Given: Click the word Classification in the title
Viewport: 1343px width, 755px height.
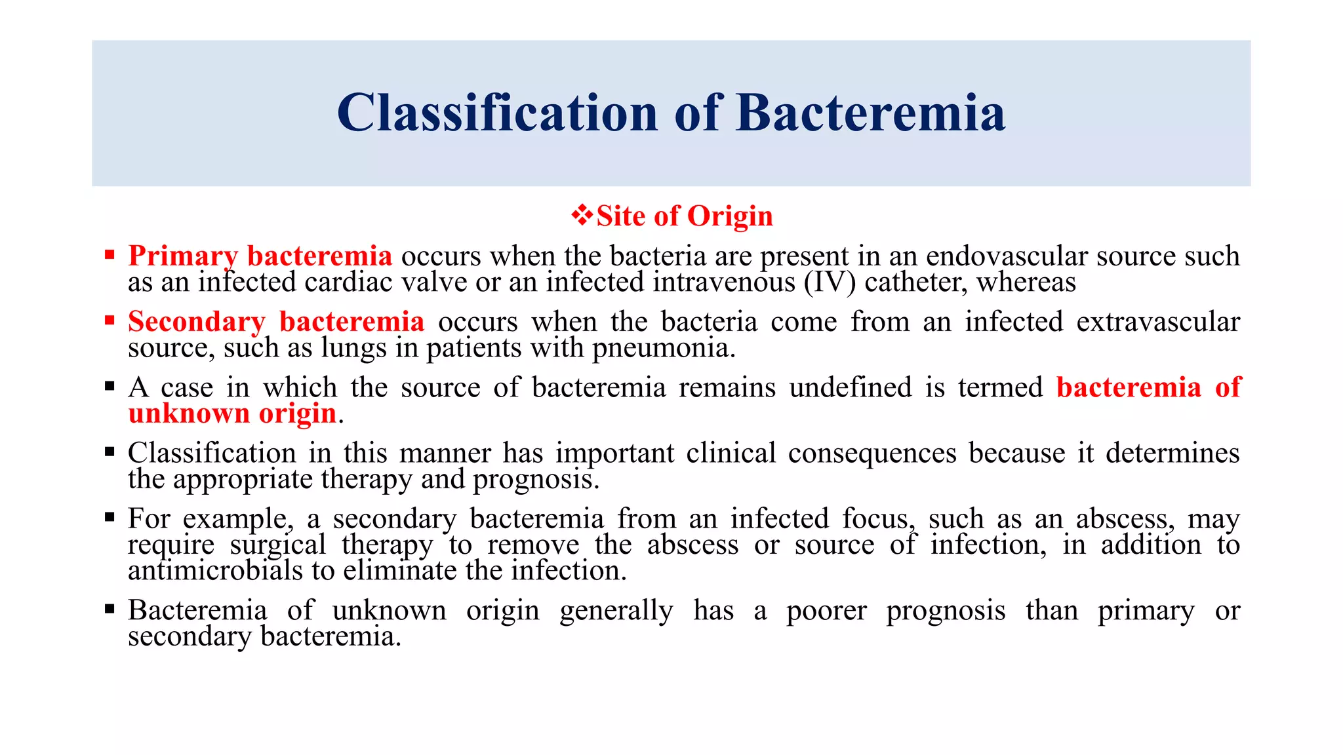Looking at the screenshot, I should click(x=497, y=113).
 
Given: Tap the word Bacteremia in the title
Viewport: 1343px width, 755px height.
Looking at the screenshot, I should click(x=870, y=113).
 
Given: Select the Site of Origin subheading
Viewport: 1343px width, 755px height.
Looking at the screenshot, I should click(x=684, y=216).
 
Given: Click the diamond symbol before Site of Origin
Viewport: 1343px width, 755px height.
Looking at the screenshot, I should click(x=581, y=215).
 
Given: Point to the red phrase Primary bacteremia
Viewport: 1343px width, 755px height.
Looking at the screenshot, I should click(x=260, y=256).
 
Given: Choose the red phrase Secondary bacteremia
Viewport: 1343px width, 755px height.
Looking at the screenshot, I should click(x=276, y=321).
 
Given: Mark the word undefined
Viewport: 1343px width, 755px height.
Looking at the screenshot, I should click(x=850, y=387).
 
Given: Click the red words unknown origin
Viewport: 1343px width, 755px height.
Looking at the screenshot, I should click(x=232, y=413).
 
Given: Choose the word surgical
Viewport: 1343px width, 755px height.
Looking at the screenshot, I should click(x=278, y=544).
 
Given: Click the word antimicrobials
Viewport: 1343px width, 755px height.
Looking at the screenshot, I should click(x=216, y=570).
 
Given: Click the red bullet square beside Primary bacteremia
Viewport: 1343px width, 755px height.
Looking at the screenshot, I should click(x=110, y=254).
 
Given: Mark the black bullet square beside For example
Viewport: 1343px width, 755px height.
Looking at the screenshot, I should click(x=110, y=517).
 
